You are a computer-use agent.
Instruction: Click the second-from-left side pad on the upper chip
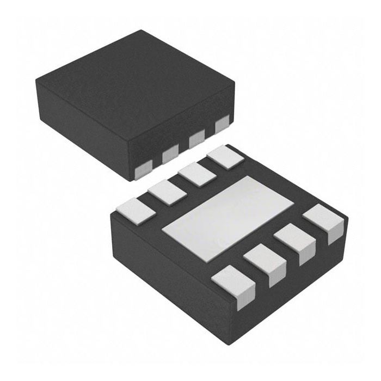(170, 154)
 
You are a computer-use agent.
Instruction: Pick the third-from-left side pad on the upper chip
(196, 139)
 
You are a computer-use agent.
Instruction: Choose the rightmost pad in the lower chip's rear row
(225, 157)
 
